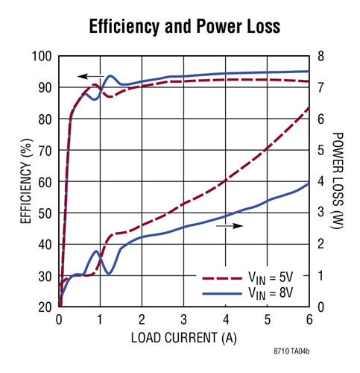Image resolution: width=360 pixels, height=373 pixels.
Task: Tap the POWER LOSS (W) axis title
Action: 338,181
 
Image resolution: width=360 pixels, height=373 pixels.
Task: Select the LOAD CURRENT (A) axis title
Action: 183,337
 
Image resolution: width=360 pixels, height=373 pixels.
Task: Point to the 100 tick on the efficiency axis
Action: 41,57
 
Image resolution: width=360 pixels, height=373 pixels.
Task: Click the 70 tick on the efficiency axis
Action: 44,151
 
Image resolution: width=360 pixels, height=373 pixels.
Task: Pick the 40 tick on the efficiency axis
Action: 44,245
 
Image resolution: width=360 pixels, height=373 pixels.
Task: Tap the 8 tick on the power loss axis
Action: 320,57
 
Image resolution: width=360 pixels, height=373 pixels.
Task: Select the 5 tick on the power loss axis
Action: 320,151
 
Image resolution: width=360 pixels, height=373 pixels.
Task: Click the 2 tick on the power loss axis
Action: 320,245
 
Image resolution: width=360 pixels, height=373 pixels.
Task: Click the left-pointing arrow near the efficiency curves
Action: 90,76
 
